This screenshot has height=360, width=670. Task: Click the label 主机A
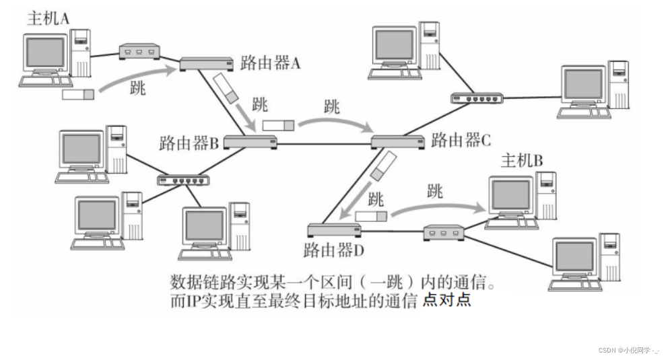(x=48, y=18)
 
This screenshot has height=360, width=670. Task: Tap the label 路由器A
(x=270, y=64)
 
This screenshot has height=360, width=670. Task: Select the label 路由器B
(x=189, y=143)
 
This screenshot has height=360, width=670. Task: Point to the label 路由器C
(x=461, y=140)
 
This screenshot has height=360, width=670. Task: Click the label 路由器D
(x=334, y=252)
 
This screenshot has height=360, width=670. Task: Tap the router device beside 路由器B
(x=250, y=141)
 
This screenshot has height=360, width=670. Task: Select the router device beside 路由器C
(x=397, y=141)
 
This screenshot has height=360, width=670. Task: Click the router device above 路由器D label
(x=334, y=229)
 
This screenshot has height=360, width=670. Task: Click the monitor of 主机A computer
(x=46, y=53)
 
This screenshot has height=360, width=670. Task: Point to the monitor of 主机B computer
(x=510, y=194)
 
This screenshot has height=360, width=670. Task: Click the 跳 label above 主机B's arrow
(x=435, y=190)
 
